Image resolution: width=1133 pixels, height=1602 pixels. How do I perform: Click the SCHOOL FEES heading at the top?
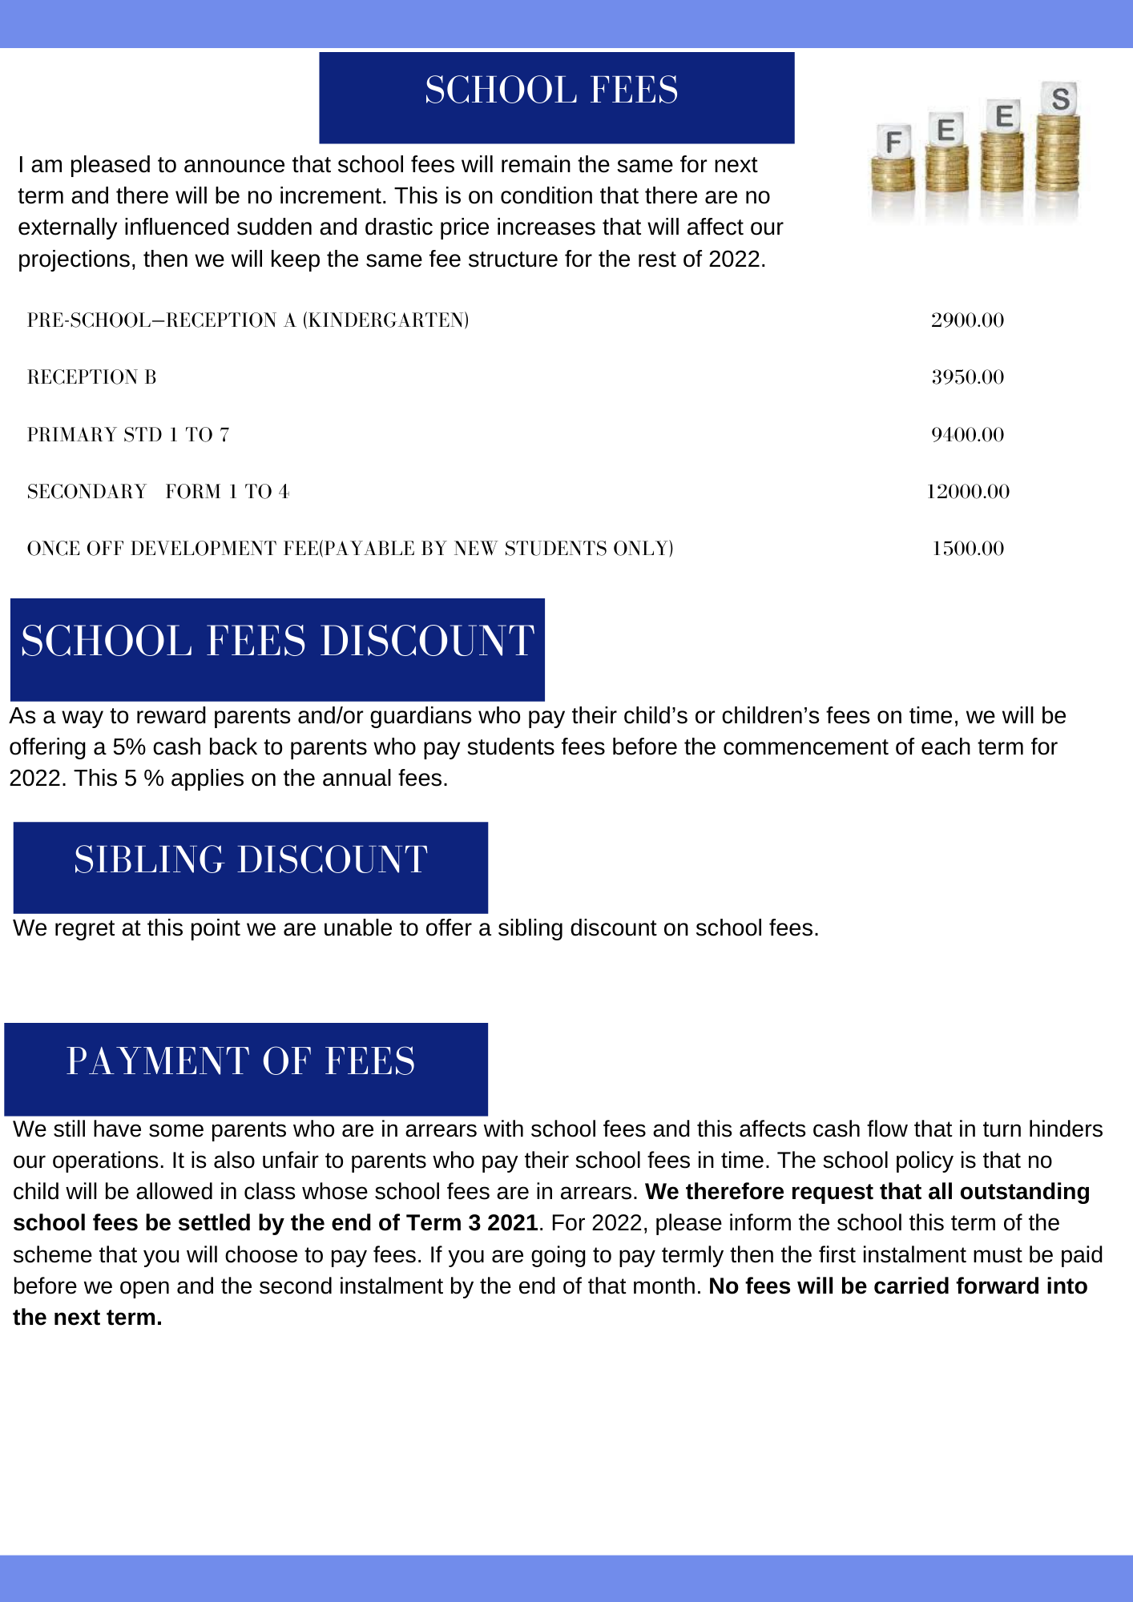[x=551, y=91]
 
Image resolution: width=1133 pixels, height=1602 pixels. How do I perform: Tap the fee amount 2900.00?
[x=967, y=320]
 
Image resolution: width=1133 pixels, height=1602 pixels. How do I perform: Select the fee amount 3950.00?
[x=967, y=377]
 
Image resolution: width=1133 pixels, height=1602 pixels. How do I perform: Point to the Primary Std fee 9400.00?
[x=967, y=435]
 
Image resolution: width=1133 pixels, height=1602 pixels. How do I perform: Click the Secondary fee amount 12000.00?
[x=967, y=492]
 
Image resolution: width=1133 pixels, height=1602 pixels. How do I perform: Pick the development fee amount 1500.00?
[x=967, y=549]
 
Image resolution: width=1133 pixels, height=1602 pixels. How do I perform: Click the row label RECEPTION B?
[x=92, y=377]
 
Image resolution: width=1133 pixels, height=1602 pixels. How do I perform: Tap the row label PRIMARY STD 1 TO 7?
[x=128, y=435]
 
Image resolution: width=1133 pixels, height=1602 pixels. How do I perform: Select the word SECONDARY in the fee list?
[x=87, y=492]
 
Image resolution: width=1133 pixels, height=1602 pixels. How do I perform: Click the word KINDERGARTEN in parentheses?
[x=385, y=320]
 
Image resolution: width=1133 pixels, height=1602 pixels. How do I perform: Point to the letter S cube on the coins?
[x=1060, y=99]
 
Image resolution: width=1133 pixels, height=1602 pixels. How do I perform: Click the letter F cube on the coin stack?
[x=893, y=143]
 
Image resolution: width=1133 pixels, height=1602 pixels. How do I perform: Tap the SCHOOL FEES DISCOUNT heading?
[x=277, y=642]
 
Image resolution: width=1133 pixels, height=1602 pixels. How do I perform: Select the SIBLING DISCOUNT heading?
[x=251, y=860]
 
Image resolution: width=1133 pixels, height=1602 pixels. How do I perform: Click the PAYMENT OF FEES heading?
[x=240, y=1062]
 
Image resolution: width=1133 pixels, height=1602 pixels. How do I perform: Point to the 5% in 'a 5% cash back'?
[x=129, y=747]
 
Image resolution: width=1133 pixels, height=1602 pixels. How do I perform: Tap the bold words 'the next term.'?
[x=87, y=1318]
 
